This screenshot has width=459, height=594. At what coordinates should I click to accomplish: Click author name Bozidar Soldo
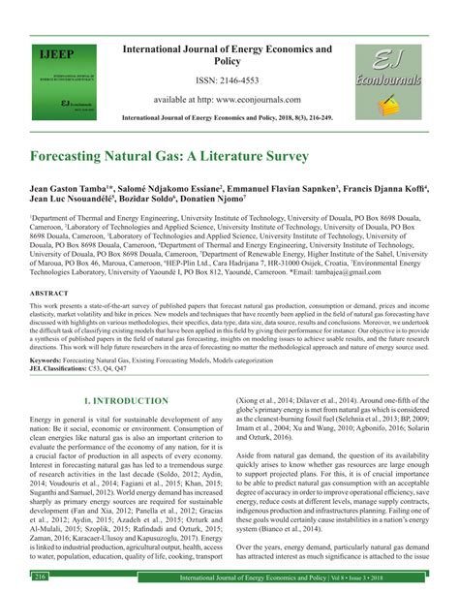(x=156, y=204)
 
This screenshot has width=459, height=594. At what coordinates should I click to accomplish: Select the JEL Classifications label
(x=65, y=368)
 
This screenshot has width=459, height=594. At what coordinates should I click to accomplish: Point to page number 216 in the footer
(x=41, y=577)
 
